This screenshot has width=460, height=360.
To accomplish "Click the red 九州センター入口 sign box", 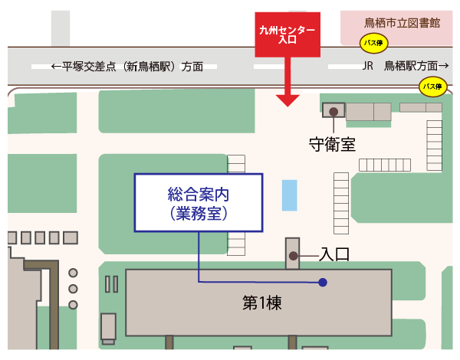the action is pyautogui.click(x=287, y=35).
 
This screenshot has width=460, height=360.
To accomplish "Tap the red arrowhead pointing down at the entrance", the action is pyautogui.click(x=287, y=100).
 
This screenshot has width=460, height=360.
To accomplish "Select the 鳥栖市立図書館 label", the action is pyautogui.click(x=402, y=23).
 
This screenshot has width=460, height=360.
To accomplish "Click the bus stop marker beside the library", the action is pyautogui.click(x=373, y=44).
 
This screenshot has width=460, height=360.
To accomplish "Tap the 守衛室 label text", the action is pyautogui.click(x=332, y=143).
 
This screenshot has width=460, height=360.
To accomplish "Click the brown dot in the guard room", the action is pyautogui.click(x=333, y=112).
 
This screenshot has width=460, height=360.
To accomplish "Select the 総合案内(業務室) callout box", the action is pyautogui.click(x=199, y=203).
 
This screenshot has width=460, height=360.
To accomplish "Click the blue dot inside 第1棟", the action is pyautogui.click(x=323, y=283).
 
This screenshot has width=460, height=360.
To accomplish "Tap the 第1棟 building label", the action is pyautogui.click(x=262, y=303).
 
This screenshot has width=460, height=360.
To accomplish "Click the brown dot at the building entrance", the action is pyautogui.click(x=293, y=254).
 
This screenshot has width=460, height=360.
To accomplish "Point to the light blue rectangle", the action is pyautogui.click(x=289, y=195).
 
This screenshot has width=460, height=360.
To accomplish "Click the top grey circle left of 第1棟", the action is pyautogui.click(x=74, y=273).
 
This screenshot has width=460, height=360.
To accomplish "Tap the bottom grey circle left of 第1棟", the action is pyautogui.click(x=74, y=304).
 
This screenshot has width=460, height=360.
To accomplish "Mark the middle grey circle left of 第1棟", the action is pyautogui.click(x=74, y=289).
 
